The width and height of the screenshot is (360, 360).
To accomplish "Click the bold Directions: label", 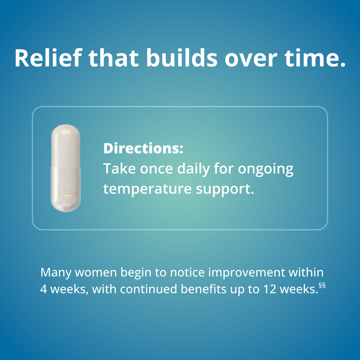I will pyautogui.click(x=143, y=149).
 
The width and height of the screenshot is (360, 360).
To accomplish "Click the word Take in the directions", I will pyautogui.click(x=117, y=169).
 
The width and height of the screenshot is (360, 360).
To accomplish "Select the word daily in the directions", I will pyautogui.click(x=190, y=169).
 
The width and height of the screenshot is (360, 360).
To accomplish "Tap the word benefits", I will pyautogui.click(x=201, y=289).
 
